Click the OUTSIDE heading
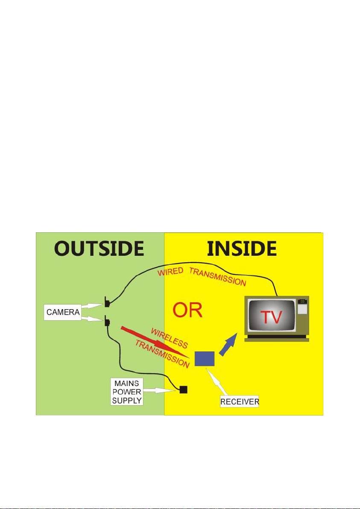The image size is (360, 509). pos(99,249)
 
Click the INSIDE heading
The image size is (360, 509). pos(242,249)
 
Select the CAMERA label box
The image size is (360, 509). pos(62,312)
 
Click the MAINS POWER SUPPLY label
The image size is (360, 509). pos(126,391)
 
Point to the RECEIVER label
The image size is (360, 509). pos(240,402)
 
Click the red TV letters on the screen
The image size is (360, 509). pos(272,317)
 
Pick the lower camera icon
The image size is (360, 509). pos(107,321)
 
